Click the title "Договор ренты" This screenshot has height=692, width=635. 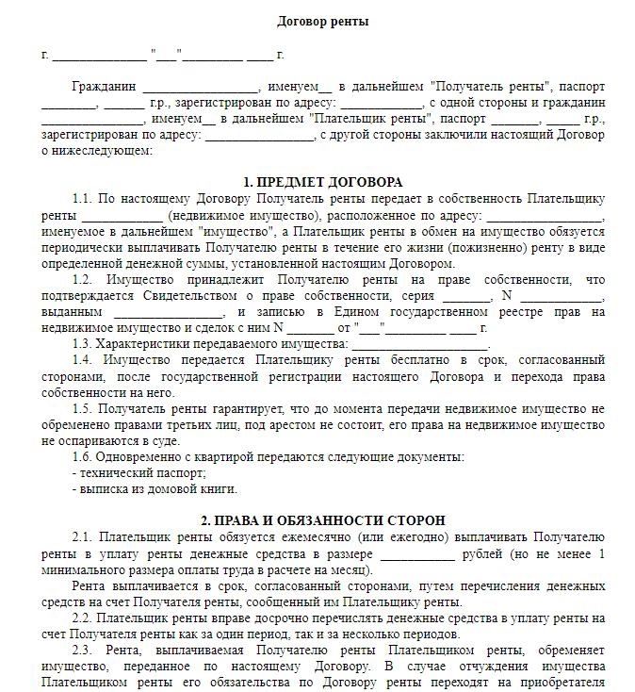[322, 21]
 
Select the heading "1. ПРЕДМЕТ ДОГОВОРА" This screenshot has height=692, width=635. [322, 182]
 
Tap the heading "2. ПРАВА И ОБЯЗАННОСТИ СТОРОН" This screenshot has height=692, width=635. [322, 520]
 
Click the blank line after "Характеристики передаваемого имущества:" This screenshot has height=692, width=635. [411, 344]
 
